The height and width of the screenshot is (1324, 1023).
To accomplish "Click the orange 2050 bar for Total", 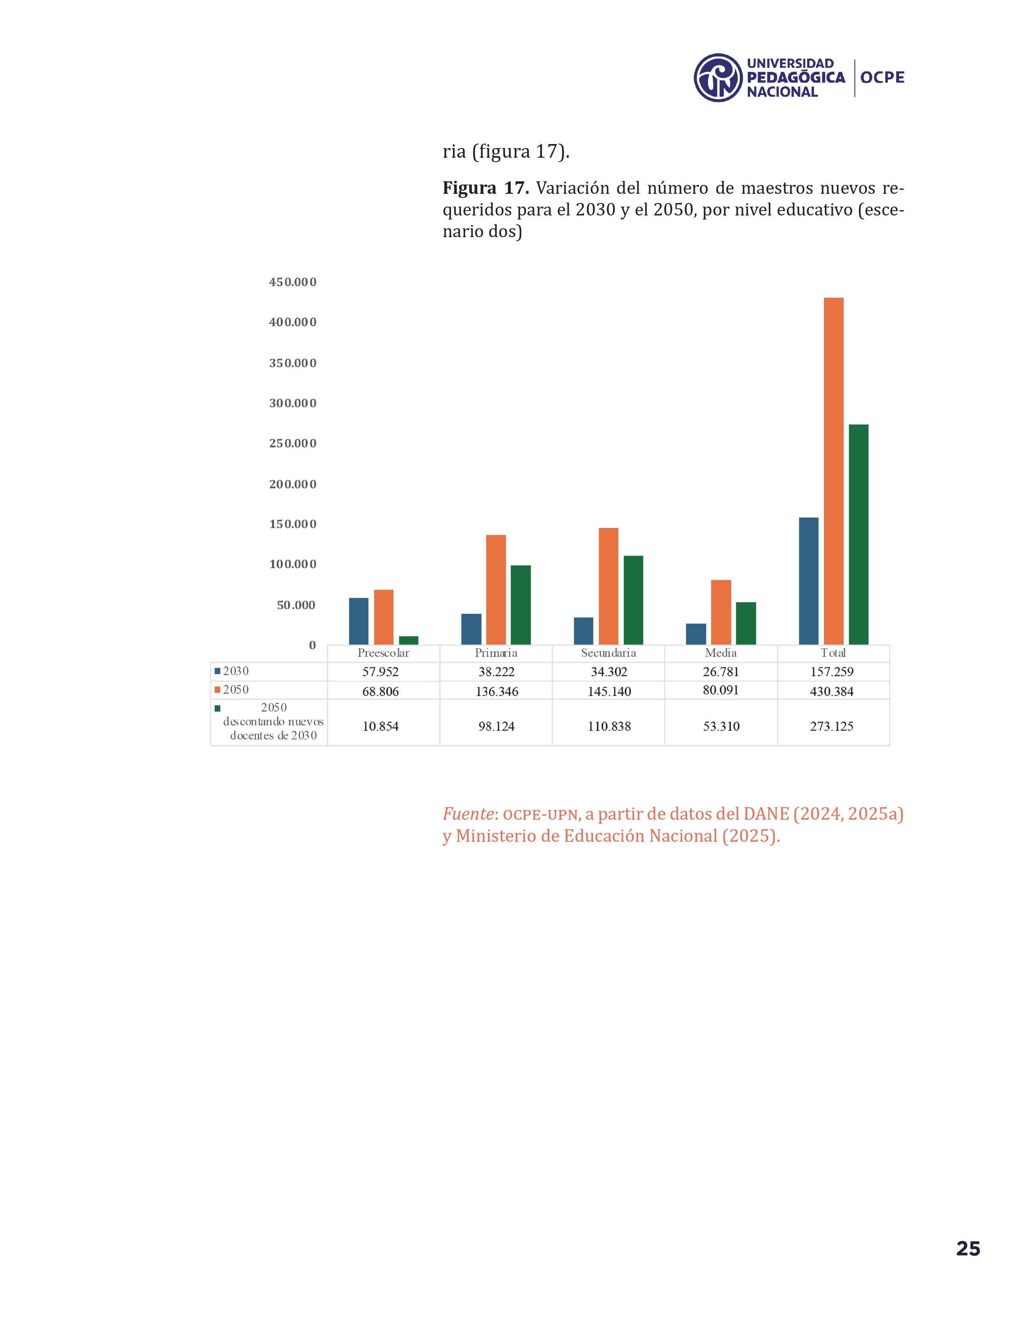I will [833, 471].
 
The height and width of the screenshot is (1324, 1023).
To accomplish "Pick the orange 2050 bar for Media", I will [721, 612].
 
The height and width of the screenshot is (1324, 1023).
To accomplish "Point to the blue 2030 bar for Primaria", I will [471, 629].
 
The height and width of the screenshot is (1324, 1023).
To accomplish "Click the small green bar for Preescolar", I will [408, 640].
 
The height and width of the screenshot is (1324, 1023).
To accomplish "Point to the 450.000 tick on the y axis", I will [293, 282].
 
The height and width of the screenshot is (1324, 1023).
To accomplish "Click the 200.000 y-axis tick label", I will [293, 484].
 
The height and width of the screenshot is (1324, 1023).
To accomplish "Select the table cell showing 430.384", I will [832, 691].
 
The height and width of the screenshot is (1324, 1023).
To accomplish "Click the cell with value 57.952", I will [381, 672].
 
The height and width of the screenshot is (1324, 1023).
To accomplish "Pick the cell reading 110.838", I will [609, 726].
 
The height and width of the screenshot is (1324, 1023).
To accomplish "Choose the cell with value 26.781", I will [721, 672].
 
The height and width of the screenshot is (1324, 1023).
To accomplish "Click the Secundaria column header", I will [609, 653].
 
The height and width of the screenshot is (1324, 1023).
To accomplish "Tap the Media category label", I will [721, 653].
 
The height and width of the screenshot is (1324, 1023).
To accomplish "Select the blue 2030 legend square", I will [217, 671].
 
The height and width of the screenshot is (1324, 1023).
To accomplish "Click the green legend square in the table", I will [217, 708].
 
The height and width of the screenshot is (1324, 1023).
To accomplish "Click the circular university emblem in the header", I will [718, 77].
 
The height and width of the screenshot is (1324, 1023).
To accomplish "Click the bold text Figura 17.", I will [485, 188].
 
